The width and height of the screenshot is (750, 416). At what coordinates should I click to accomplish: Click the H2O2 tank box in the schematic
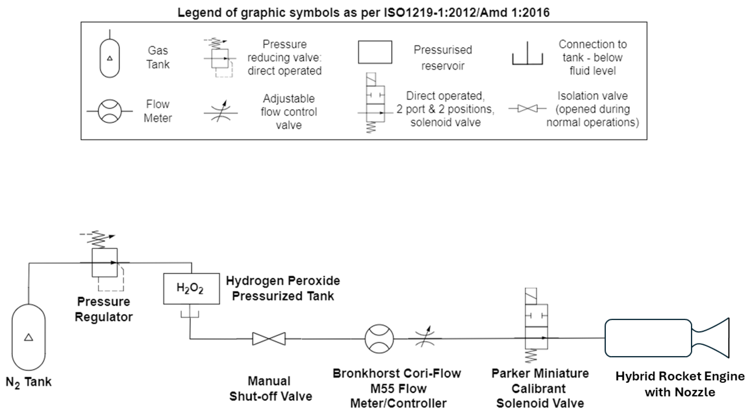(x=191, y=289)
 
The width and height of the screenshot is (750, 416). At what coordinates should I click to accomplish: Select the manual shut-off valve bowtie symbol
(x=269, y=339)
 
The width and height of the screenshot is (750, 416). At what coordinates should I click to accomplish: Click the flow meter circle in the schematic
(x=379, y=339)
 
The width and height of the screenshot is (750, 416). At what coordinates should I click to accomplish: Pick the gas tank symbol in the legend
(x=109, y=58)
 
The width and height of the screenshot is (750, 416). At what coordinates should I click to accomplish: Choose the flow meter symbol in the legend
(x=110, y=111)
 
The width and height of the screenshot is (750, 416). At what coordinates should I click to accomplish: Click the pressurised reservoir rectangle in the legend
(x=375, y=52)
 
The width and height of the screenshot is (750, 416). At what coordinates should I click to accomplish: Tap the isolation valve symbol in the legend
(x=528, y=109)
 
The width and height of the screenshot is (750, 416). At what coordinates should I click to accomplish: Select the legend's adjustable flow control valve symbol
(x=221, y=112)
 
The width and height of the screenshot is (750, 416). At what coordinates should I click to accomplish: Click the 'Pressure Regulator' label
(x=104, y=309)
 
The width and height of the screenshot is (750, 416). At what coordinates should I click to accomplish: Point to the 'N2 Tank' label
(x=29, y=382)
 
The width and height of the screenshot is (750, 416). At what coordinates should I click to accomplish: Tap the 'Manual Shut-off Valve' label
(x=270, y=388)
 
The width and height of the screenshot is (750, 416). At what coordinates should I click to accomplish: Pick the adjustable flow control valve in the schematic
(x=425, y=338)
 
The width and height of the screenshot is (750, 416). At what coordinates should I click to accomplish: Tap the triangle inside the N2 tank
(x=28, y=337)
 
